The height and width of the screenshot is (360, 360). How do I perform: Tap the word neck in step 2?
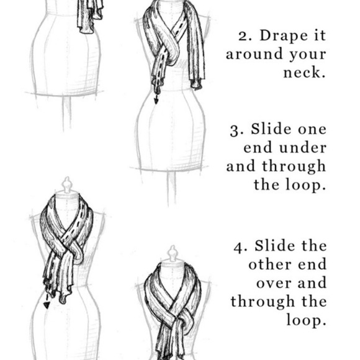pos(306,73)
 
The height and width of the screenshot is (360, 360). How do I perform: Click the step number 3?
pos(235,130)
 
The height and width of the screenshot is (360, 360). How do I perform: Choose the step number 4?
pos(238,246)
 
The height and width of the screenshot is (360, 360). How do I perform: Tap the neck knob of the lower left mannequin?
pos(66,184)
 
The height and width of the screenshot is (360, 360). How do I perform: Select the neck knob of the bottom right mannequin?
pos(172,253)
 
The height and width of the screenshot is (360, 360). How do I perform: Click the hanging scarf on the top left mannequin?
pos(89,16)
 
